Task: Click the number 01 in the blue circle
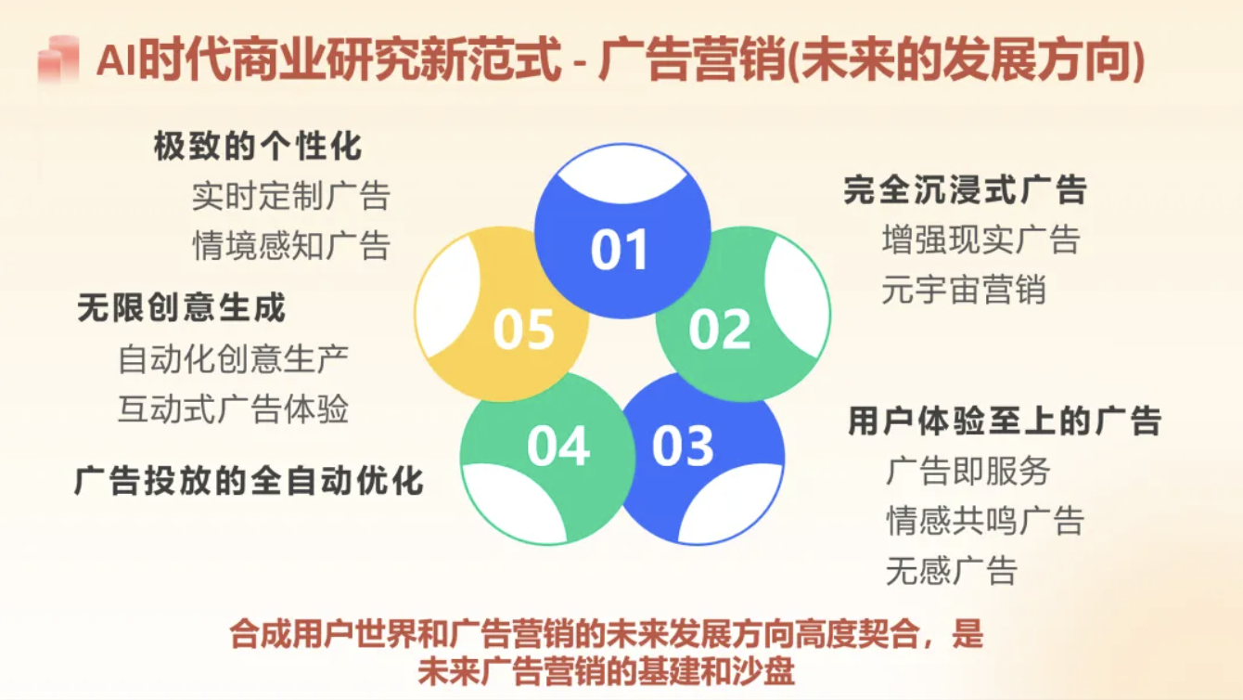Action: (x=619, y=250)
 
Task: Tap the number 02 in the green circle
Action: (x=719, y=329)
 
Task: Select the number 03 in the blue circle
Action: (x=683, y=447)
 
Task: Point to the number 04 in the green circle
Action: (x=557, y=447)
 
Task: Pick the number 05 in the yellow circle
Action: (x=523, y=329)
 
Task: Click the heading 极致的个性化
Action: (x=258, y=146)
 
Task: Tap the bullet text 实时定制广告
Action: (x=291, y=196)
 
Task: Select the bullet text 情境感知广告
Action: (x=291, y=245)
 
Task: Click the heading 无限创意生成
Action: (x=182, y=307)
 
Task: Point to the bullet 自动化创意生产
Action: (x=234, y=359)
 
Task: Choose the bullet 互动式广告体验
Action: (x=234, y=408)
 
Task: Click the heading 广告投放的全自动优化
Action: (x=250, y=481)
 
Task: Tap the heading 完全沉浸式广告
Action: (x=965, y=190)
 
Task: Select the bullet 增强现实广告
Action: (x=981, y=240)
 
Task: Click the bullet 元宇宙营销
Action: (x=964, y=290)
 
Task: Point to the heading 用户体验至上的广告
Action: (x=1005, y=420)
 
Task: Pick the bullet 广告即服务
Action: (x=968, y=471)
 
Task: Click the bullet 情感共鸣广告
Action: (x=985, y=521)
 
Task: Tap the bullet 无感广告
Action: (x=952, y=571)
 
